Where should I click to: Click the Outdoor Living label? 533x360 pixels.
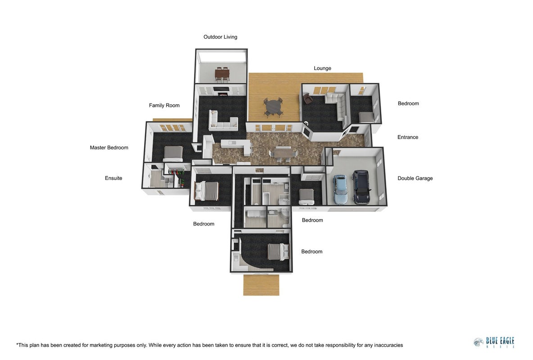(x=220, y=37)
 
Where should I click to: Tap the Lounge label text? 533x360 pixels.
(x=322, y=68)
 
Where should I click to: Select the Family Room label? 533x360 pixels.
(x=164, y=105)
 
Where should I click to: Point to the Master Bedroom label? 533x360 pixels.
(x=109, y=148)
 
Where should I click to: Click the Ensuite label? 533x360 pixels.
(x=113, y=178)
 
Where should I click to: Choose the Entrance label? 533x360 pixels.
(x=408, y=137)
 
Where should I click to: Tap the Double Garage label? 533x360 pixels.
(x=415, y=178)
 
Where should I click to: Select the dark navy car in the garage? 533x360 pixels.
(x=361, y=187)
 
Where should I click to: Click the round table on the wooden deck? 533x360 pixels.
(x=273, y=107)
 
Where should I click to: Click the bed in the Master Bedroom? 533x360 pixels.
(x=173, y=153)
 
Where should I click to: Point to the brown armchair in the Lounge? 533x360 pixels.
(x=307, y=99)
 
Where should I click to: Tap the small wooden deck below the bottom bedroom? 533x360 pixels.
(x=261, y=285)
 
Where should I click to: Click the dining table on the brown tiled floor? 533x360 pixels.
(x=283, y=153)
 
